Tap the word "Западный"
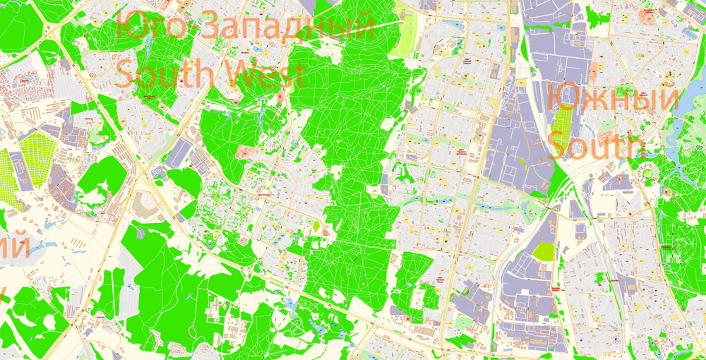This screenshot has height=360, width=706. pos(287,29)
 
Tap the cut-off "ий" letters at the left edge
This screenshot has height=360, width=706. pos(14,248)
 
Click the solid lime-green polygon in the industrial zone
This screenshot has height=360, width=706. pos(544,251)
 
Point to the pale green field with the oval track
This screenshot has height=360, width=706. pos(405,35)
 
